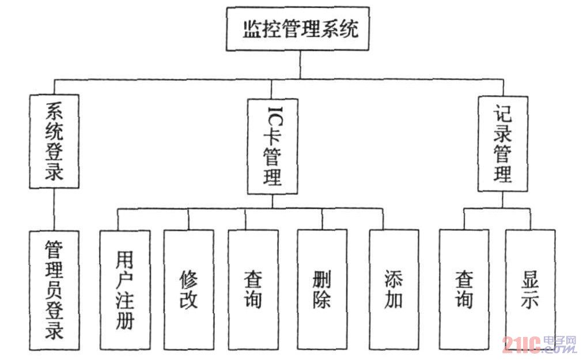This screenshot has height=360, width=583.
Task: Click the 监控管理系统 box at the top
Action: (x=297, y=29)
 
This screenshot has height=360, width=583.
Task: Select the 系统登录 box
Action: (x=54, y=141)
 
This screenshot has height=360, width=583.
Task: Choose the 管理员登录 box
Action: (x=54, y=290)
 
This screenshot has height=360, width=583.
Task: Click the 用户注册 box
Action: (x=124, y=290)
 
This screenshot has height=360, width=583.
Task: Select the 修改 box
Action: (x=188, y=290)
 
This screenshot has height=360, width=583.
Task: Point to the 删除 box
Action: (x=322, y=290)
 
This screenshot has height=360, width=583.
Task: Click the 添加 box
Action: (x=394, y=290)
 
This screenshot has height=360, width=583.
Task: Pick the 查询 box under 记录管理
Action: (x=464, y=290)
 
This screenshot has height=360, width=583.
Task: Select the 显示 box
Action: (x=530, y=290)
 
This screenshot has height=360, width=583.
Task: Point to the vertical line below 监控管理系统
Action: (x=300, y=65)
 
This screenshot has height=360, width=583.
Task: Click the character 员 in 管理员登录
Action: (x=54, y=290)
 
